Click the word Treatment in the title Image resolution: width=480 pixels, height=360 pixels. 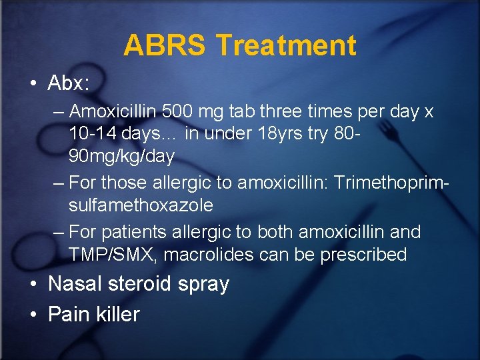pos(286,45)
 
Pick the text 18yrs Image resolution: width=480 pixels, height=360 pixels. pos(280,134)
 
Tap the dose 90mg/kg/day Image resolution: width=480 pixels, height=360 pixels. pos(121,157)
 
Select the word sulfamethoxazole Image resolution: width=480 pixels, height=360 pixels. pos(141,205)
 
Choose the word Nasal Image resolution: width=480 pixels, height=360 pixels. pos(74,283)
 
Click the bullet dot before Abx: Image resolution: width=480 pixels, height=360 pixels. pos(33,83)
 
